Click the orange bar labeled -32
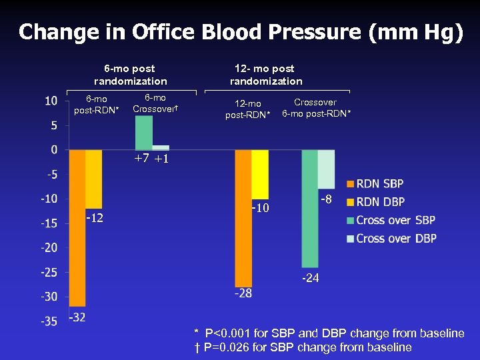[77, 227]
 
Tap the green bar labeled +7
[143, 133]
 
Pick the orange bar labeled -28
[243, 217]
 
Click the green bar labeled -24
[310, 207]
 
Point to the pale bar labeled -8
[326, 169]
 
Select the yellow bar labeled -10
[260, 173]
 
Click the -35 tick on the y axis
[49, 321]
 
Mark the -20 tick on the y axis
[49, 248]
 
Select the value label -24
[311, 278]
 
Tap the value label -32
[77, 317]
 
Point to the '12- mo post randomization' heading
[266, 75]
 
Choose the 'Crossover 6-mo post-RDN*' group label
[315, 108]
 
